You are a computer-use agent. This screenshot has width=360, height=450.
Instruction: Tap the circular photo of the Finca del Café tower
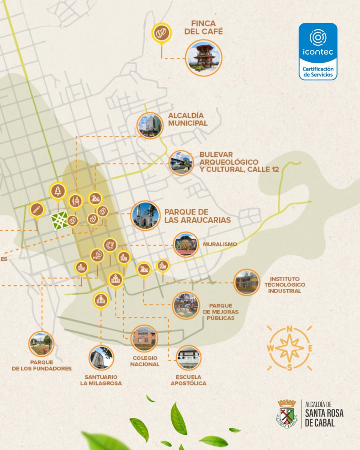click(204, 58)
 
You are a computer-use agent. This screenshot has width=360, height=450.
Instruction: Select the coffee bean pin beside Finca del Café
click(162, 33)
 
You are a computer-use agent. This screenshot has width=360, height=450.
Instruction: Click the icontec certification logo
click(318, 51)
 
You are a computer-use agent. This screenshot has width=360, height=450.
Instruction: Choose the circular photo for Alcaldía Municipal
click(150, 125)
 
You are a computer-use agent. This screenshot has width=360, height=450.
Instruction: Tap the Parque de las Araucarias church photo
click(145, 216)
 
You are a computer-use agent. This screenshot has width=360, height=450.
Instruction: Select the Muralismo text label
click(220, 244)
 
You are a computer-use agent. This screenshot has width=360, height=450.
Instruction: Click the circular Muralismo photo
click(186, 245)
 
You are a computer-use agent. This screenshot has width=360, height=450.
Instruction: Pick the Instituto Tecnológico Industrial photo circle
click(247, 282)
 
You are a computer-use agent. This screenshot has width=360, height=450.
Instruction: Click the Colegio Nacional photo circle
click(144, 338)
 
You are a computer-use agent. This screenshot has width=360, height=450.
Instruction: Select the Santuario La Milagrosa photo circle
click(101, 358)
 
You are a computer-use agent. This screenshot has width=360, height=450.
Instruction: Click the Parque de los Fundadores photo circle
click(42, 344)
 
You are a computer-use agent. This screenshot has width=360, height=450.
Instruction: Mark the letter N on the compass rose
click(289, 329)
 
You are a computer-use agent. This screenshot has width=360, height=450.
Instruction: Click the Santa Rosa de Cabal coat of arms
click(287, 414)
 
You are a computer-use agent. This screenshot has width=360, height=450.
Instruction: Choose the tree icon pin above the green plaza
click(58, 191)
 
